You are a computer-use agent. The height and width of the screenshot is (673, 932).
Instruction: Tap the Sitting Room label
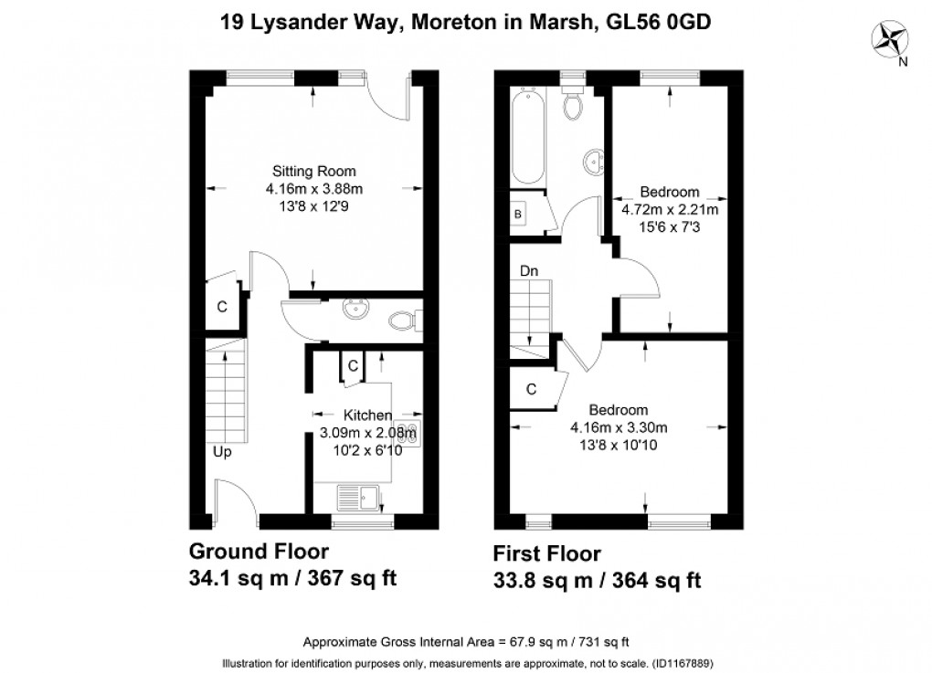[313, 172]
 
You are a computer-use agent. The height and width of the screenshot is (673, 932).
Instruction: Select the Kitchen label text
[367, 415]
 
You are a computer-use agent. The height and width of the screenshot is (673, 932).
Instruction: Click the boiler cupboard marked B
[518, 214]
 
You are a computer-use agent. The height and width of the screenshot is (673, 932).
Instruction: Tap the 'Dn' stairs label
[528, 270]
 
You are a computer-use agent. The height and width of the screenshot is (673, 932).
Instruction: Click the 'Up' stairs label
[222, 451]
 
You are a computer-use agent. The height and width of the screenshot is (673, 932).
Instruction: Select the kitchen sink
[359, 498]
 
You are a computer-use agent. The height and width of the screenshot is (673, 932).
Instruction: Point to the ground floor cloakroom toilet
[402, 321]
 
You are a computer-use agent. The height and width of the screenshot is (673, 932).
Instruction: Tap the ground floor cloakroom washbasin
[355, 310]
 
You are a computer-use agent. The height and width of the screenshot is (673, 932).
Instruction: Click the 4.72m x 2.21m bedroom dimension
[670, 209]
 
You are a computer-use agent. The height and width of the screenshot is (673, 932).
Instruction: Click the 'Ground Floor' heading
[259, 552]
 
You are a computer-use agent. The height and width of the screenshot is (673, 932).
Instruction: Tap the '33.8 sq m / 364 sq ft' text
[597, 580]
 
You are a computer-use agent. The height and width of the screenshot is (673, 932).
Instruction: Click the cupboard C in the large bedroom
[530, 389]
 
